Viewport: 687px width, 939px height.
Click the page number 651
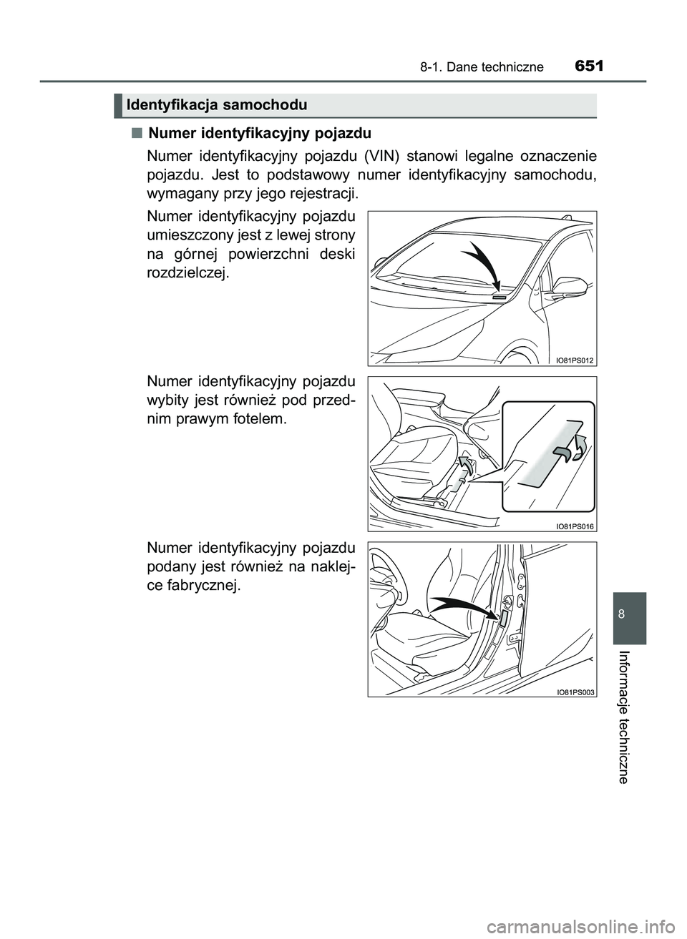[x=589, y=66]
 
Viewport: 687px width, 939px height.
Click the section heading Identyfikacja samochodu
[x=216, y=106]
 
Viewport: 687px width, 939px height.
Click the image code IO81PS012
[x=575, y=360]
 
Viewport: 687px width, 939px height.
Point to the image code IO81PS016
[x=575, y=526]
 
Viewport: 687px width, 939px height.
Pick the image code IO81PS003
[x=575, y=692]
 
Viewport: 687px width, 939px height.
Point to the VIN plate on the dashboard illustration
[x=499, y=296]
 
